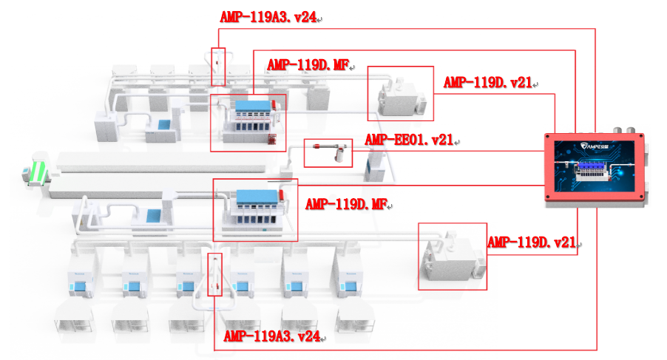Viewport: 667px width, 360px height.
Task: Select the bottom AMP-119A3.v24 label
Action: pyautogui.click(x=271, y=336)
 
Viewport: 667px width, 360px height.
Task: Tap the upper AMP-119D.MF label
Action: pyautogui.click(x=308, y=65)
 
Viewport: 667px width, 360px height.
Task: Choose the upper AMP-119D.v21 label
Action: pyautogui.click(x=488, y=83)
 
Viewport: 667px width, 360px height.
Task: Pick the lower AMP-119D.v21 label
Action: pyautogui.click(x=532, y=242)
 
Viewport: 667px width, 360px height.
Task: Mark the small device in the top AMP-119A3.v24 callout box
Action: pyautogui.click(x=217, y=63)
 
